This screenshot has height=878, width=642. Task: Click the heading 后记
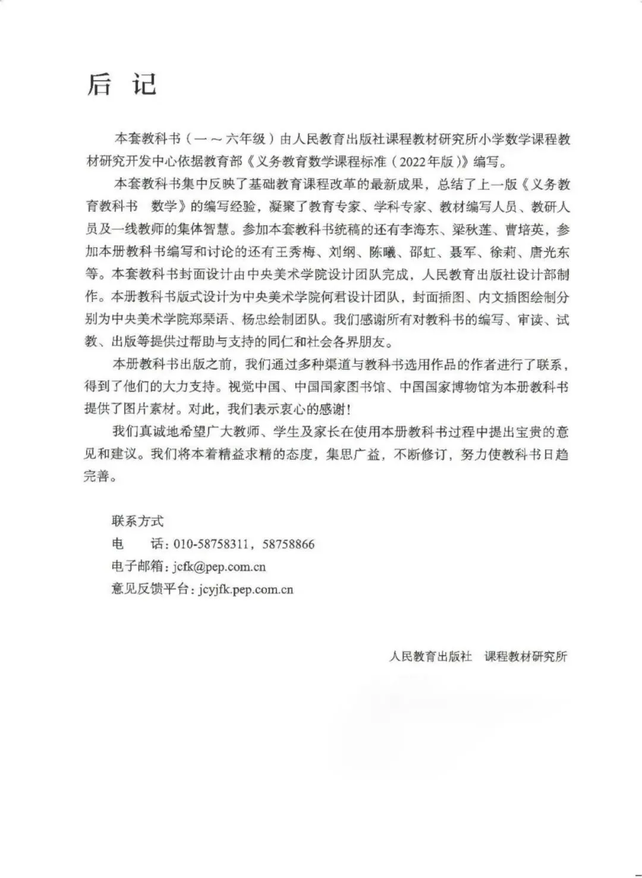tap(122, 84)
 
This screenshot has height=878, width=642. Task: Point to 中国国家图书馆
tap(341, 387)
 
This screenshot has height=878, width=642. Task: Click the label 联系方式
tap(137, 521)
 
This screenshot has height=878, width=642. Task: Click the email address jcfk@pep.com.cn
tap(219, 567)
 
